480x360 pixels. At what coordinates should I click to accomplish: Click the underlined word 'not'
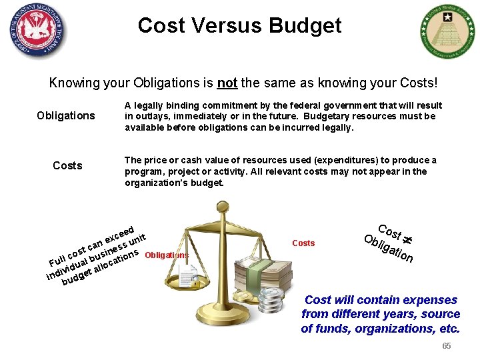(227, 83)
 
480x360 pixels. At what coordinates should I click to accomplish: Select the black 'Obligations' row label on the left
(66, 115)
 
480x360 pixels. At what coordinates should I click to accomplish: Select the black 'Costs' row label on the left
(67, 165)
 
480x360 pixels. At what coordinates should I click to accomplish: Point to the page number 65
(447, 345)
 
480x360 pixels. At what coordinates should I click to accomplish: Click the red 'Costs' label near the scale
(303, 243)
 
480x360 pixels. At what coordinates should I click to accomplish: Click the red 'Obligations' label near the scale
(166, 255)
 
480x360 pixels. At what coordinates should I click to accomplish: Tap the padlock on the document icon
(195, 283)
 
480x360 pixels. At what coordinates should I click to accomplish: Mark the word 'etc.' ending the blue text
(446, 328)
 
